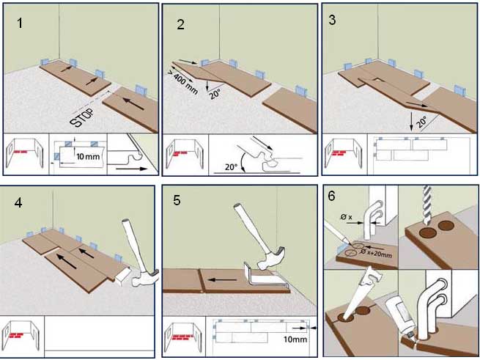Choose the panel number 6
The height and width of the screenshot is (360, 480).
(334, 196)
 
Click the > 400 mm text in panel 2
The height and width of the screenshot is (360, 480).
(180, 81)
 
